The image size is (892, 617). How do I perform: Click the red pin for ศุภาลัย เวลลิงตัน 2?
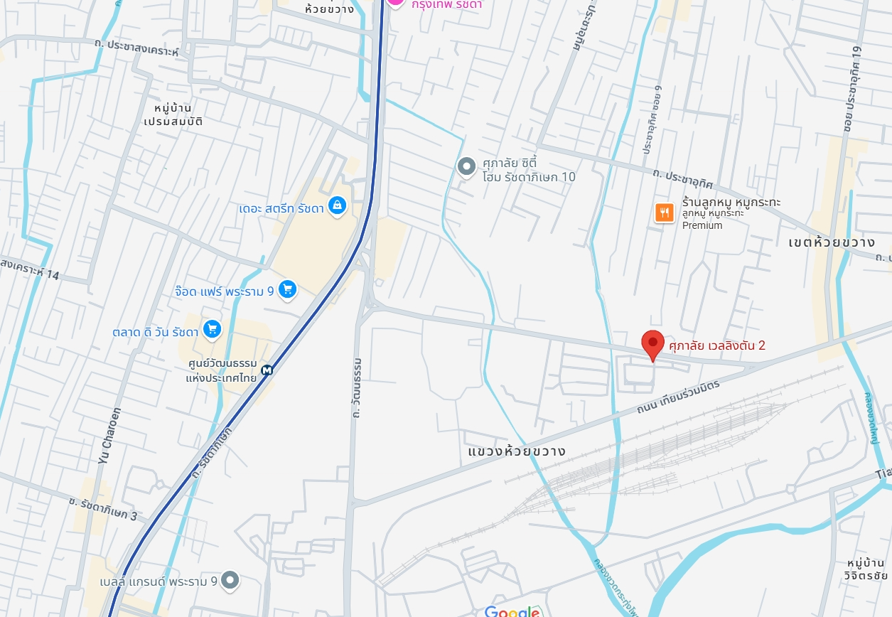652,345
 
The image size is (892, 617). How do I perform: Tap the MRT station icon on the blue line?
267,370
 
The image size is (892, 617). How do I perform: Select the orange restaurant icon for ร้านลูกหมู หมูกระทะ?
664,212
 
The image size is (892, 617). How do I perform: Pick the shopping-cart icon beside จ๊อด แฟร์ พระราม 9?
287,289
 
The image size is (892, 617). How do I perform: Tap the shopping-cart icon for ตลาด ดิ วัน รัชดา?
212,328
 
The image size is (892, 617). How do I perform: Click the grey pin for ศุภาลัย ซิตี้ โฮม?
466,167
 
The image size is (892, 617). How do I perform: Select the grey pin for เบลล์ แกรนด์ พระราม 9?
230,580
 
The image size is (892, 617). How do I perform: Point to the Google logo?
513,611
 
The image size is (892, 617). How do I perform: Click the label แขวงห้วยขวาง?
517,451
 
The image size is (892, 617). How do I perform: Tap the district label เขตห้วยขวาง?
831,242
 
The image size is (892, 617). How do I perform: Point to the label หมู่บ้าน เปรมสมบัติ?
173,114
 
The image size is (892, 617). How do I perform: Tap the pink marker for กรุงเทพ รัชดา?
395,2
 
